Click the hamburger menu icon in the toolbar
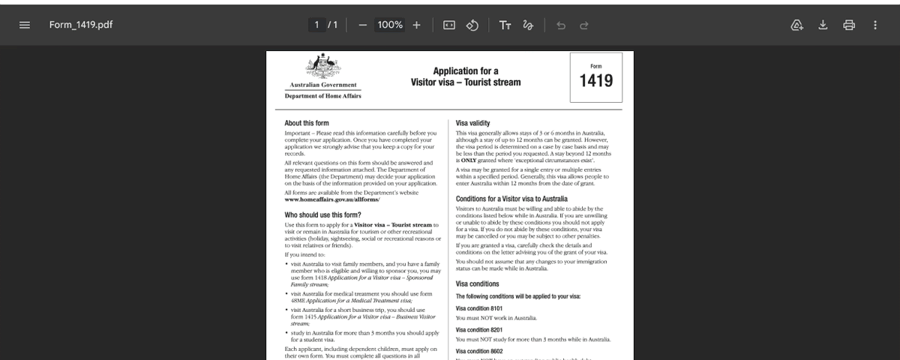coord(25,25)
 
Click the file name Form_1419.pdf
coord(81,25)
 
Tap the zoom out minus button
coord(363,25)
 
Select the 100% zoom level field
coord(390,25)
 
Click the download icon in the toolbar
coord(823,25)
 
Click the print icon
coord(849,25)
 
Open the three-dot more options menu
coord(875,25)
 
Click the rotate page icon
coord(472,25)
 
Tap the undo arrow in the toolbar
coord(561,25)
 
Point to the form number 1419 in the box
coord(596,80)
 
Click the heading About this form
coord(307,123)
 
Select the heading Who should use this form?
coord(323,214)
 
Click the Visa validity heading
coord(473,123)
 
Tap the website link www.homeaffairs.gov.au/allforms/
coord(332,199)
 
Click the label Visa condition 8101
coord(479,308)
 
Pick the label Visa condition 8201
coord(479,330)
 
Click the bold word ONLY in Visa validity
coord(469,160)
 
